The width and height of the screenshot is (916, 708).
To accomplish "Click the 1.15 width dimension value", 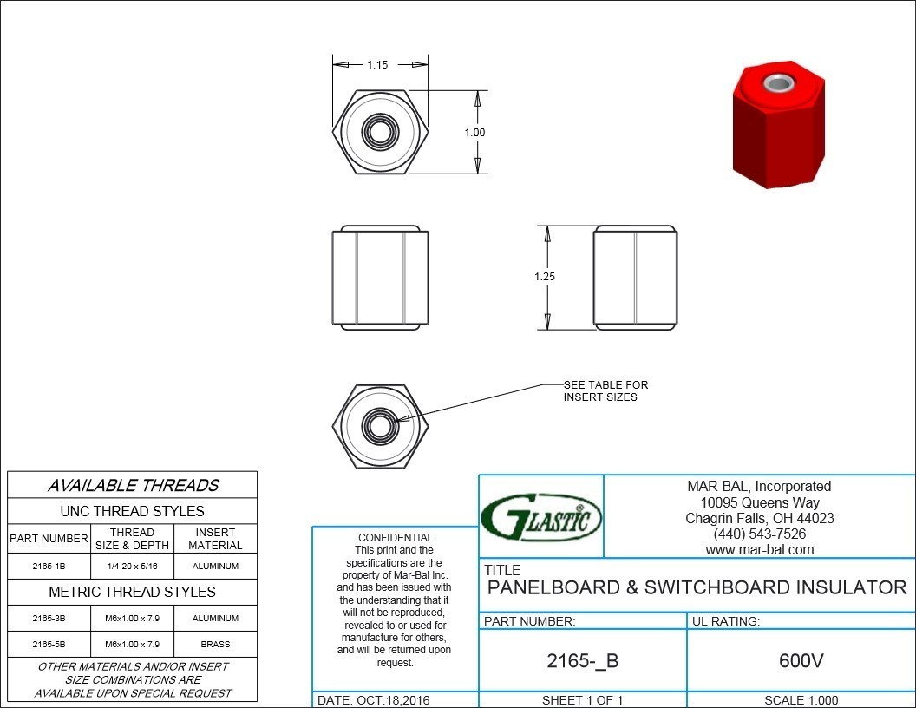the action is (377, 65).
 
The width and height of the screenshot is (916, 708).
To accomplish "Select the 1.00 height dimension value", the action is (475, 133).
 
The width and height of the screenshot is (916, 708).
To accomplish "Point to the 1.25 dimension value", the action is (545, 276).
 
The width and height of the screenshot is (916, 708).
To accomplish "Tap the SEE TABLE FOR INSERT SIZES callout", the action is (605, 390).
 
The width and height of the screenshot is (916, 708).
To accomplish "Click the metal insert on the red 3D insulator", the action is (776, 83).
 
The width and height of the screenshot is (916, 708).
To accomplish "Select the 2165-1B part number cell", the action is (49, 566).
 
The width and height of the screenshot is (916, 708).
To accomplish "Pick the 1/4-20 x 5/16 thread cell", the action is (132, 566).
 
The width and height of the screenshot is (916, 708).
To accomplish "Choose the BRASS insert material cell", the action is (216, 645).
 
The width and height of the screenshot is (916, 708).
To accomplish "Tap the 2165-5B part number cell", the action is (49, 645).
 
